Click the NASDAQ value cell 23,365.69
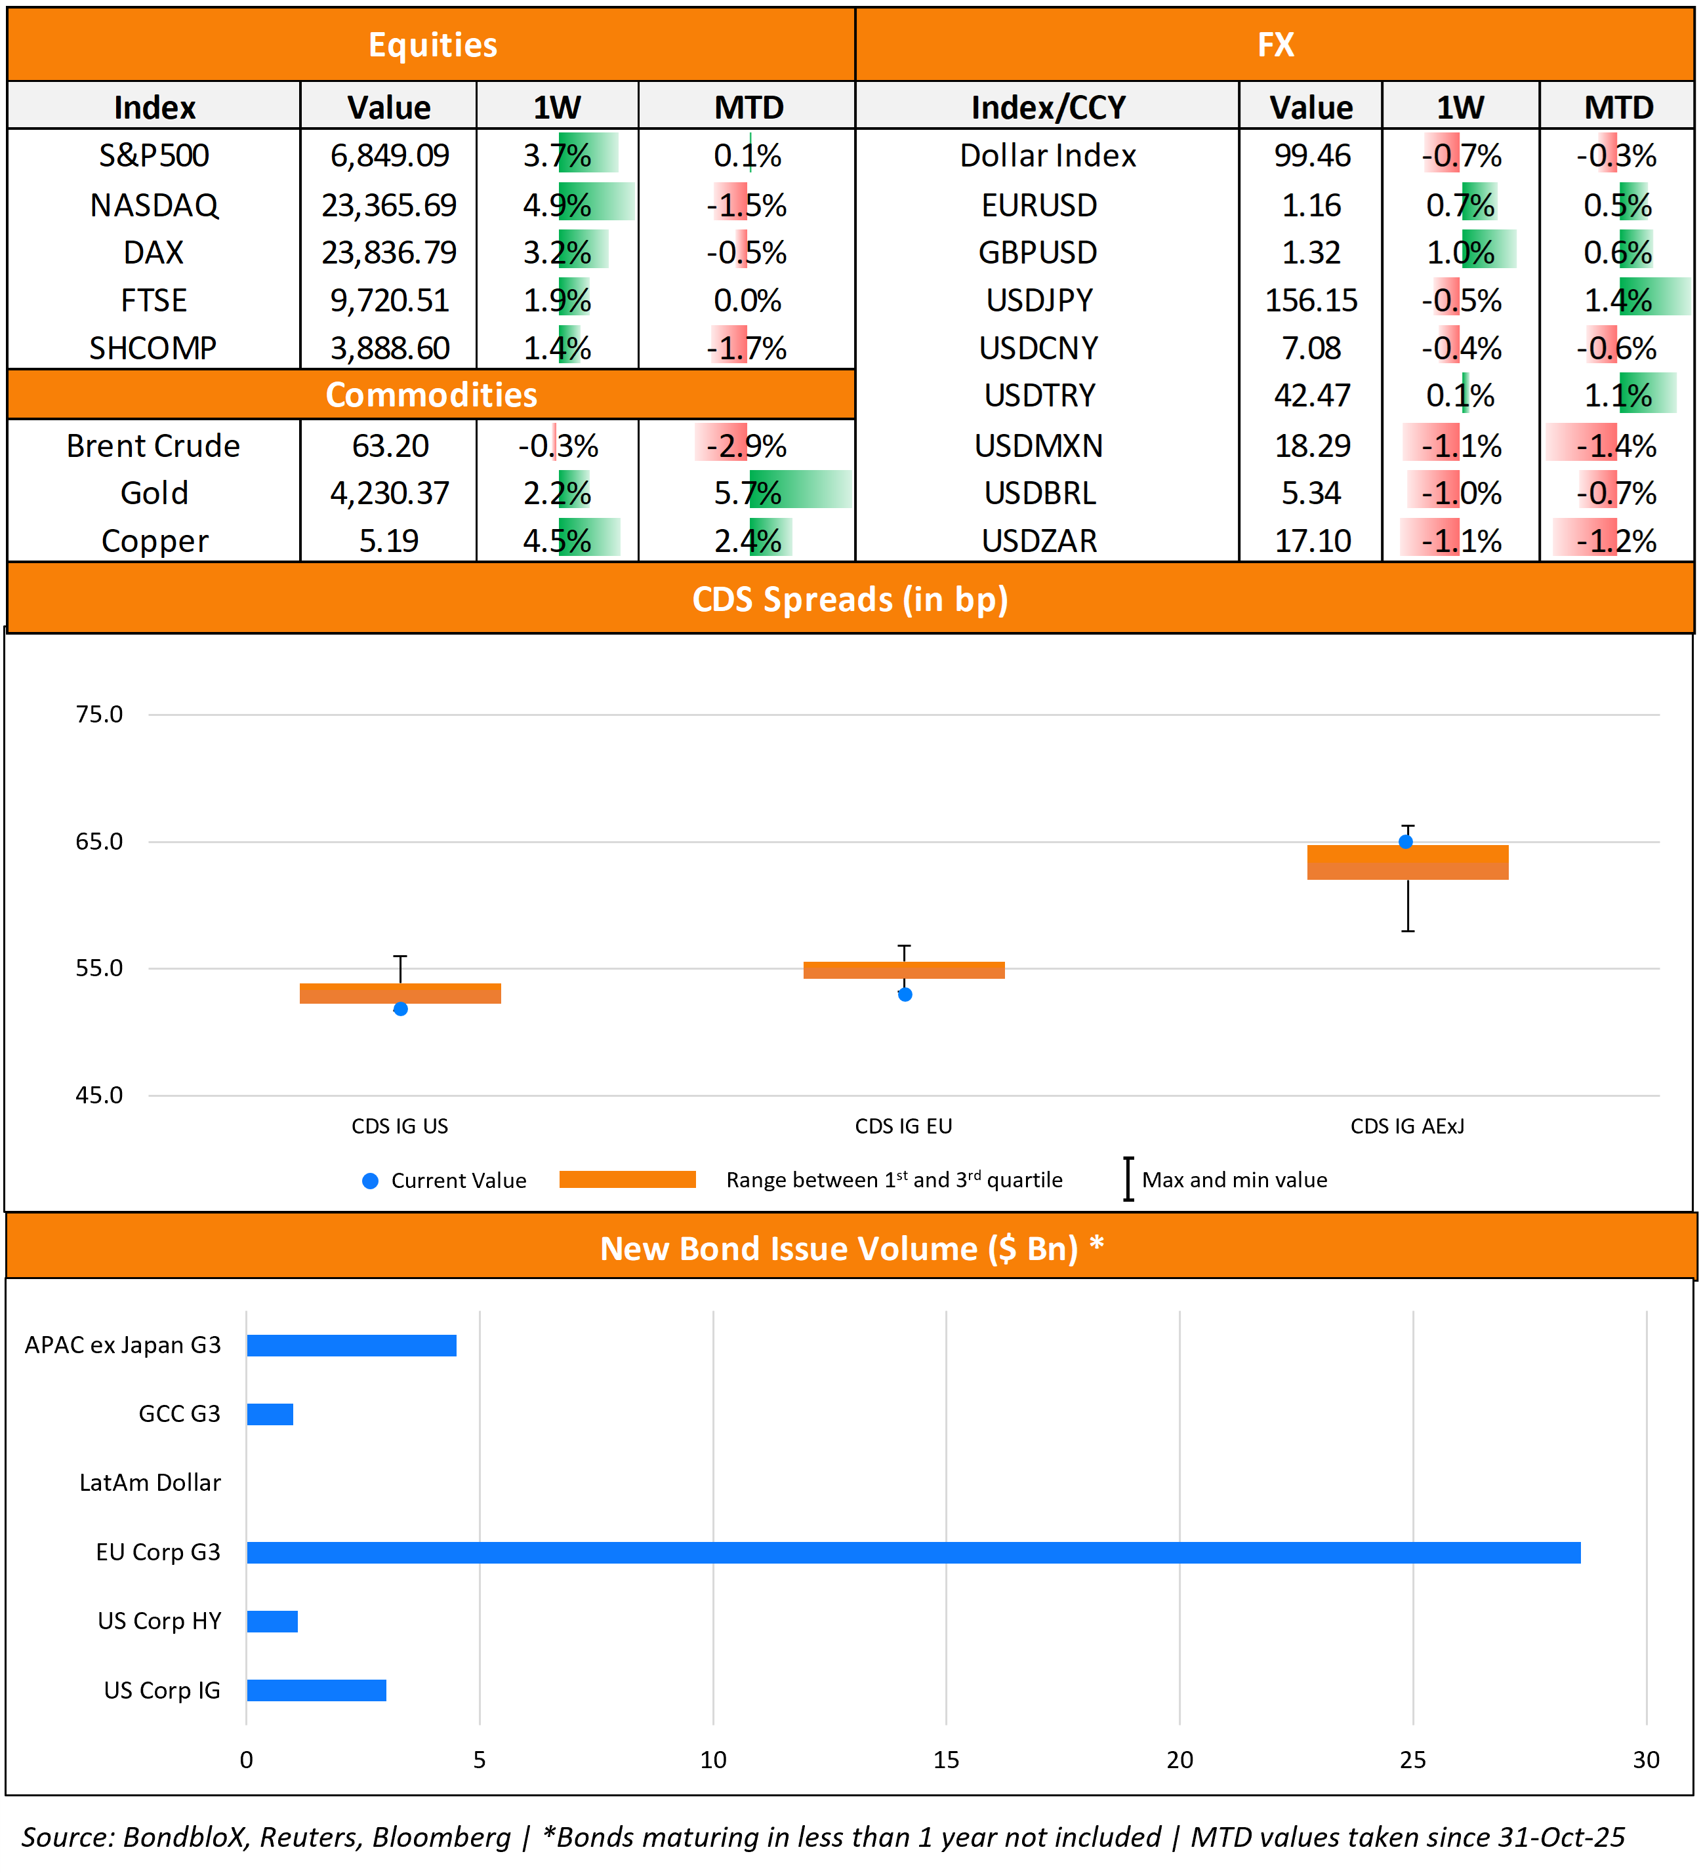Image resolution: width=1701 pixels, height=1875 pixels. pos(389,205)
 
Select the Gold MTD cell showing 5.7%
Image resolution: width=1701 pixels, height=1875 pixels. pos(747,492)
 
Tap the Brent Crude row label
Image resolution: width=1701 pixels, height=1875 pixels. pos(154,446)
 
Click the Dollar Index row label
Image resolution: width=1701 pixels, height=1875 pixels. pos(1048,155)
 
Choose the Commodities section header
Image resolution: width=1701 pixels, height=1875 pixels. pos(431,395)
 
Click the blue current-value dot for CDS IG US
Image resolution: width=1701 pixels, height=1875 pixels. pos(400,1009)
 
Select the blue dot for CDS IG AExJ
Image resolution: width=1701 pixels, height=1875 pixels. pos(1406,842)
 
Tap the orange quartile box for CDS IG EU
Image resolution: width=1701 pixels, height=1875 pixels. pos(903,970)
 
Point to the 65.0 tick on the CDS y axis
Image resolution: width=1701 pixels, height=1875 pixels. pos(98,842)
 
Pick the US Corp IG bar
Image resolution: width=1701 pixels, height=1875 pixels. pos(316,1690)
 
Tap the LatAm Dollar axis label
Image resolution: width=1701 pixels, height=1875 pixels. pos(150,1482)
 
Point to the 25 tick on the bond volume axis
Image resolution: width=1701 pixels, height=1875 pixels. pos(1412,1760)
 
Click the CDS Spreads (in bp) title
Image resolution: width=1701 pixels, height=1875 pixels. pos(850,599)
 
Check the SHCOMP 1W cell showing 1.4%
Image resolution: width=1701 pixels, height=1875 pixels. pos(556,348)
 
